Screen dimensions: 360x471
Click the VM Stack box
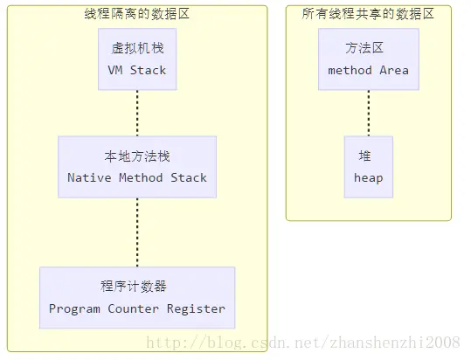tap(137, 59)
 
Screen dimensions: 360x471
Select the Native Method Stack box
tap(137, 166)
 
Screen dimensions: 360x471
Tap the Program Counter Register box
tap(137, 297)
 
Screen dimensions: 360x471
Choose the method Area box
tap(368, 59)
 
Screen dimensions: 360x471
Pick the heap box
tap(368, 166)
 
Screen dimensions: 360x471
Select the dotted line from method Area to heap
tap(368, 113)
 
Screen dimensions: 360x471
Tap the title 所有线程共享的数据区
tap(368, 14)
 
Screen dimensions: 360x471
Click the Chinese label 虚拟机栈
tap(137, 48)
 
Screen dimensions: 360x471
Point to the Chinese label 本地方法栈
tap(137, 156)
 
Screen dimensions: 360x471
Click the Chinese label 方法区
tap(368, 48)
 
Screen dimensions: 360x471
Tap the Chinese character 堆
tap(364, 156)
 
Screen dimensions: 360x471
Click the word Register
tap(196, 308)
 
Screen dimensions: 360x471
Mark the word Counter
tap(135, 308)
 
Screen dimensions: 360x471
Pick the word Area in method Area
tap(394, 70)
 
